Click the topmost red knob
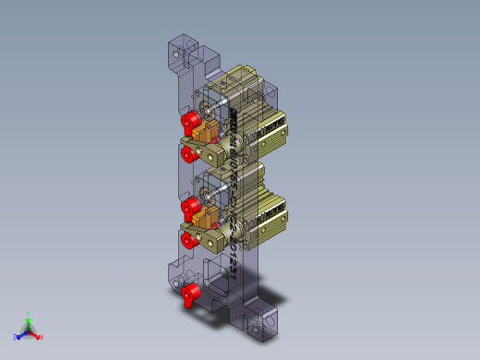(x=191, y=121)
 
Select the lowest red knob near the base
(x=191, y=294)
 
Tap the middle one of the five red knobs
(x=190, y=205)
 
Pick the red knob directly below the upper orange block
(x=189, y=153)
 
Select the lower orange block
(x=207, y=218)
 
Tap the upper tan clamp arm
(x=216, y=151)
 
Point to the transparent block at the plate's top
(x=182, y=51)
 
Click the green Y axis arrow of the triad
(x=29, y=321)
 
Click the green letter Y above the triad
(x=29, y=314)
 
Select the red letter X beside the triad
(x=42, y=337)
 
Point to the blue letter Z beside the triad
(x=16, y=338)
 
